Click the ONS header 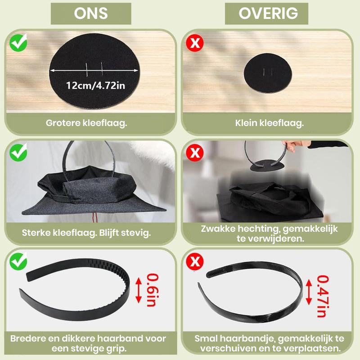pyautogui.click(x=91, y=13)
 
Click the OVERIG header pyautogui.click(x=268, y=13)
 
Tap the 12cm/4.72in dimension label pyautogui.click(x=95, y=85)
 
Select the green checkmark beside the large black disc pyautogui.click(x=18, y=43)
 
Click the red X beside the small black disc pyautogui.click(x=195, y=43)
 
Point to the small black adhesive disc pyautogui.click(x=268, y=73)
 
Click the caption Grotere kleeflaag pyautogui.click(x=86, y=123)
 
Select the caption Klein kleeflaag pyautogui.click(x=269, y=123)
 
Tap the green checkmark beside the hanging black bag pyautogui.click(x=18, y=153)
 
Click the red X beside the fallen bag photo pyautogui.click(x=195, y=153)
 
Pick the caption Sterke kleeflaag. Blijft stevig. pyautogui.click(x=86, y=233)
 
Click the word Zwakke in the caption pyautogui.click(x=218, y=229)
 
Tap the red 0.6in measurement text pyautogui.click(x=152, y=290)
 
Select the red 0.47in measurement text pyautogui.click(x=323, y=296)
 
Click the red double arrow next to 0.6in pyautogui.click(x=139, y=290)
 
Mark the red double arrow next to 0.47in pyautogui.click(x=309, y=292)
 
